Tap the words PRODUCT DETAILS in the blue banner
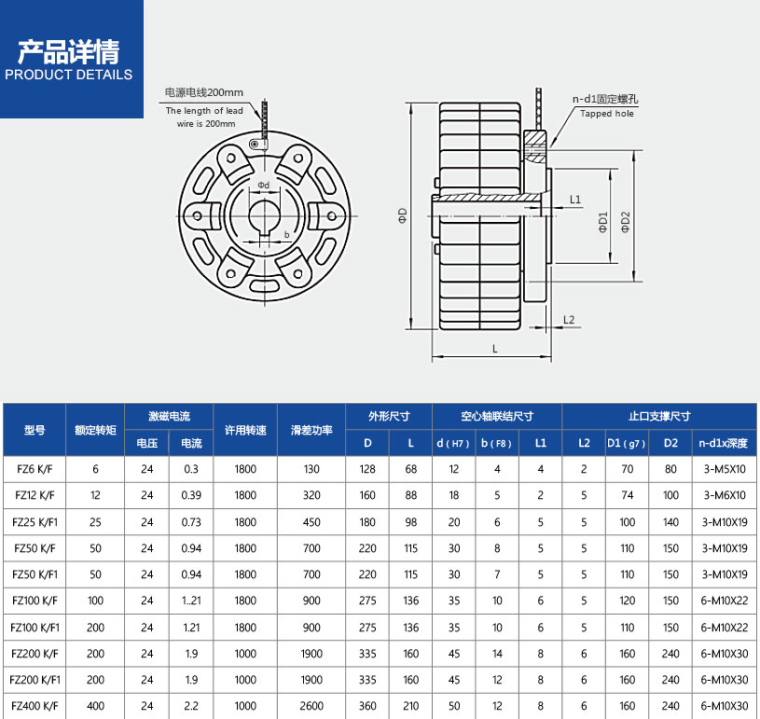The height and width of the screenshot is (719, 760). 69,75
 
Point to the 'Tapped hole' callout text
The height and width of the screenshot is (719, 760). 606,114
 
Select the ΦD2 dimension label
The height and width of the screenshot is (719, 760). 626,221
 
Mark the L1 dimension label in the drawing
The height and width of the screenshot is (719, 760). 574,200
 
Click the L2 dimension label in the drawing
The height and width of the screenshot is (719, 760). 569,320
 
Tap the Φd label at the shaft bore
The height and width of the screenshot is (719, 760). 264,185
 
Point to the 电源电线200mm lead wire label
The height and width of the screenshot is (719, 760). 203,92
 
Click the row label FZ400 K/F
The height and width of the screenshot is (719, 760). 35,706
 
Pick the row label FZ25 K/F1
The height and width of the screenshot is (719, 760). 35,522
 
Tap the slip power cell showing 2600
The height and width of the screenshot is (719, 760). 311,706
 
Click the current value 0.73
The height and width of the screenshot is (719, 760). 191,522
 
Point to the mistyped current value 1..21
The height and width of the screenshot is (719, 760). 191,601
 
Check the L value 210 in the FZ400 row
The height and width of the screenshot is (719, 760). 411,706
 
